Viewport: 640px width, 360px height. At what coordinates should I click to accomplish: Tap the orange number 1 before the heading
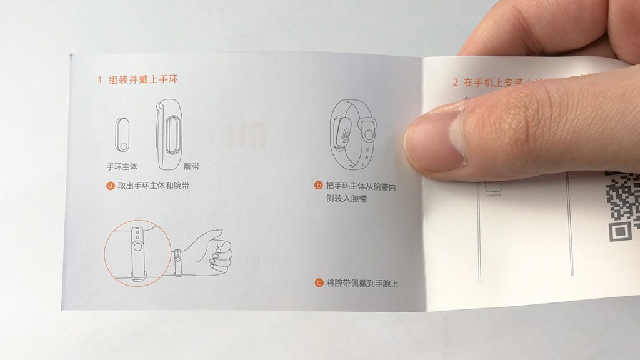[x=99, y=81]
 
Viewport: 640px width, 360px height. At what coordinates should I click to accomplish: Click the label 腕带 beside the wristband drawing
[x=192, y=167]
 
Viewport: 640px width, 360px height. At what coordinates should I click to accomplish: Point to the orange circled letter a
[x=111, y=186]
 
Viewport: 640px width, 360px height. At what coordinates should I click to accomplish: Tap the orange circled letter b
[x=319, y=186]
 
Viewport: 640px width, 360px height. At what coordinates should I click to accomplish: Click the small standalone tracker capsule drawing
[x=122, y=134]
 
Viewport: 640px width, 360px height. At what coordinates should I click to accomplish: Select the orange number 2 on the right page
[x=454, y=82]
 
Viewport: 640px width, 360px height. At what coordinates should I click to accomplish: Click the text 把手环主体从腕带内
[x=361, y=186]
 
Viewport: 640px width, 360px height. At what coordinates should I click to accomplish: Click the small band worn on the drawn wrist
[x=178, y=259]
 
